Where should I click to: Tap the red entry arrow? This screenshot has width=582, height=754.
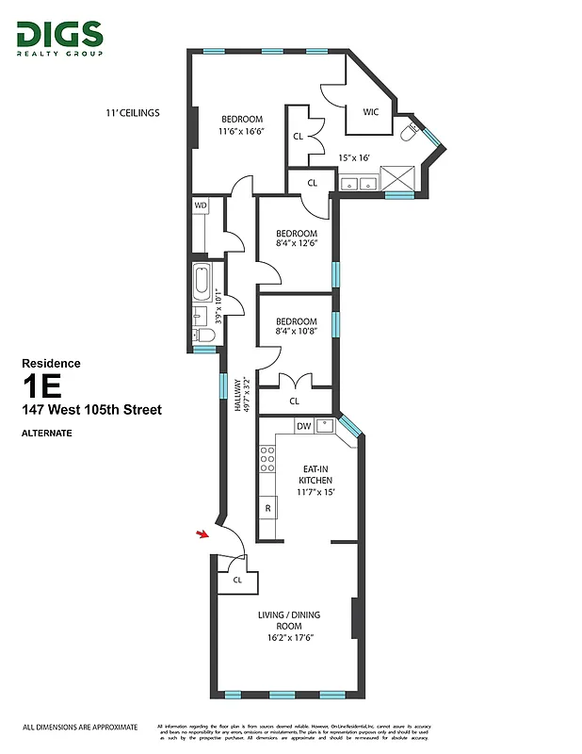[x=202, y=535]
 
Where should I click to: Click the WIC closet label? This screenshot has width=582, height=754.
[x=370, y=112]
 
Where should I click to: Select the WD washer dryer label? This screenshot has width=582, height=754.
[x=201, y=205]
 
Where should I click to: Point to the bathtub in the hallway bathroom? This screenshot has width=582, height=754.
[x=202, y=282]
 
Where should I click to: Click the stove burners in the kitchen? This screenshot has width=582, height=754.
[x=267, y=458]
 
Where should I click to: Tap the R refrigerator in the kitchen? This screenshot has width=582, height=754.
[x=268, y=509]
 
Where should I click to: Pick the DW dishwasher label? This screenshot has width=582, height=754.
[x=303, y=426]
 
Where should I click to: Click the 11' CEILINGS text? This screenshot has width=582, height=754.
[x=133, y=112]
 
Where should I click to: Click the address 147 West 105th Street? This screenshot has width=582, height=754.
[x=92, y=410]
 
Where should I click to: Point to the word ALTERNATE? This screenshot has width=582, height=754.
[x=46, y=434]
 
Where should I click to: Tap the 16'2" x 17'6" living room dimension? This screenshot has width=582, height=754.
[x=289, y=638]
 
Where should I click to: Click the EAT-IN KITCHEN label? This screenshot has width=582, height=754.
[x=315, y=474]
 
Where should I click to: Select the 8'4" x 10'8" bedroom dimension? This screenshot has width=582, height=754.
[x=296, y=331]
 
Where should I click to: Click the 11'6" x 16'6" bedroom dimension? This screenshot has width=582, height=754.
[x=242, y=131]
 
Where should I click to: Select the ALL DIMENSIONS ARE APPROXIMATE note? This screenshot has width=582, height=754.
[x=80, y=728]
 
